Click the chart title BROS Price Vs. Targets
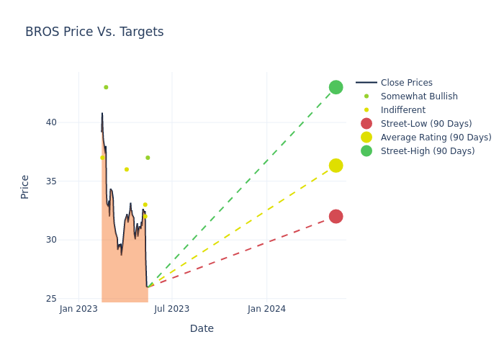[x=94, y=32]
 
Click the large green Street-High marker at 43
[x=336, y=87]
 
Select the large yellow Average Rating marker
[x=336, y=166]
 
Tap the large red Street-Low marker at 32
[x=336, y=217]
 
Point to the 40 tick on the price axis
[x=51, y=122]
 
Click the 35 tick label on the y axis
[x=51, y=181]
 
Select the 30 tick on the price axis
[x=51, y=240]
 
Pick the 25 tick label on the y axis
[x=51, y=299]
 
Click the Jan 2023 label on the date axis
[x=78, y=310]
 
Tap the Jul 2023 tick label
[x=172, y=310]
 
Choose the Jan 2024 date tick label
[x=266, y=310]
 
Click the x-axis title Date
[x=202, y=329]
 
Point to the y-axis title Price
[x=25, y=186]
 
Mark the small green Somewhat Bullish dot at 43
[x=106, y=87]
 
